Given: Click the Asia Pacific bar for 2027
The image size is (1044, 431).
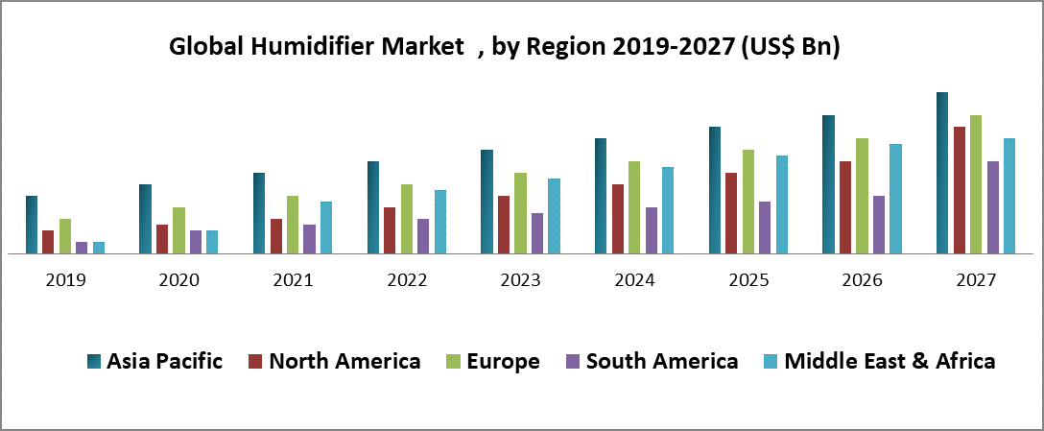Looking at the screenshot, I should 942,173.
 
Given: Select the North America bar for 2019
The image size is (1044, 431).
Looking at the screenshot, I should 48,242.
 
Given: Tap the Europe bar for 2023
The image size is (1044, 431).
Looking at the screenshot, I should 520,213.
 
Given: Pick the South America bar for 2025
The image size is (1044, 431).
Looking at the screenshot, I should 765,227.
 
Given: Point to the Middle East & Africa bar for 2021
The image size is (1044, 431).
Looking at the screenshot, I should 326,227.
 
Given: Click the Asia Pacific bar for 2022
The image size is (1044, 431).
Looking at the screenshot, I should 373,207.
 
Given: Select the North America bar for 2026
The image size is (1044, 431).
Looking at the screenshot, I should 845,207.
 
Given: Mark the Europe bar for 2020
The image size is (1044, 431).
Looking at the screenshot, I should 178,230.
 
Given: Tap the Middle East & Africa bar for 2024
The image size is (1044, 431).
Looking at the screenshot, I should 668,210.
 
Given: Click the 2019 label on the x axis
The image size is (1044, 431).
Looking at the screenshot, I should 65,280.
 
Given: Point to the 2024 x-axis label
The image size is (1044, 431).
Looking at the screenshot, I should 634,280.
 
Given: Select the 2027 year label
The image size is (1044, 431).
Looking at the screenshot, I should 976,280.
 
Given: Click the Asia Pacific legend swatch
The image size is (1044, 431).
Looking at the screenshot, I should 94,361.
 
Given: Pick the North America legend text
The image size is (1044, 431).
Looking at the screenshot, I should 344,361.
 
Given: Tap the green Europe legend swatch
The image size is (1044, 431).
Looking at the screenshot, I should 454,361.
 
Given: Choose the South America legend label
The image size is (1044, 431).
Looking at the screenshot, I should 662,361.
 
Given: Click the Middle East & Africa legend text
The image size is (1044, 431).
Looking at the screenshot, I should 890,361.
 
